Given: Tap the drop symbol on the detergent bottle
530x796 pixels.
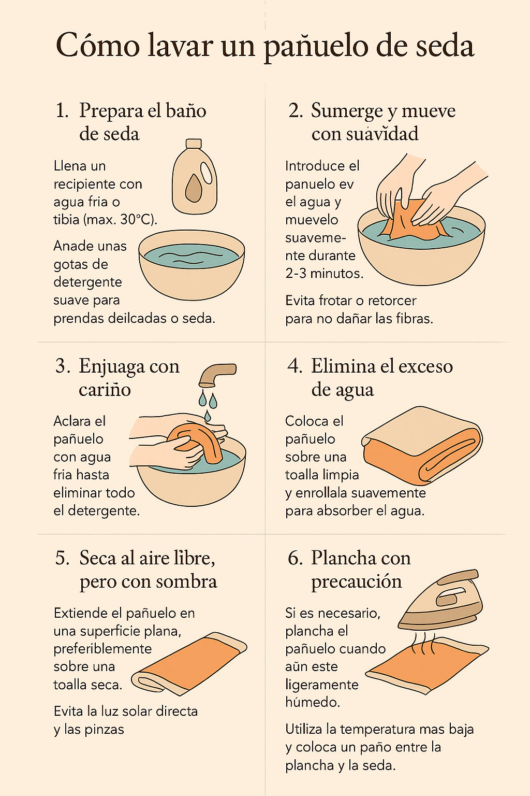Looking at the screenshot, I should tap(194, 188).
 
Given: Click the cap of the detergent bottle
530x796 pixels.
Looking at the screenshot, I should tap(194, 144).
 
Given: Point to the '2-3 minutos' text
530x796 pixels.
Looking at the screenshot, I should tap(324, 273).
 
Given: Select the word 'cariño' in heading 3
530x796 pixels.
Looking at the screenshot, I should tap(105, 389).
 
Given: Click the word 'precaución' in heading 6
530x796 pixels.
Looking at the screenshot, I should tap(356, 581).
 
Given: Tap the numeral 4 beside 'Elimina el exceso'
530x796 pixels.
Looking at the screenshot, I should tap(295, 366).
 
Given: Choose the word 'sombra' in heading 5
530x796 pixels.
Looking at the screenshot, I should tap(186, 581).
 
